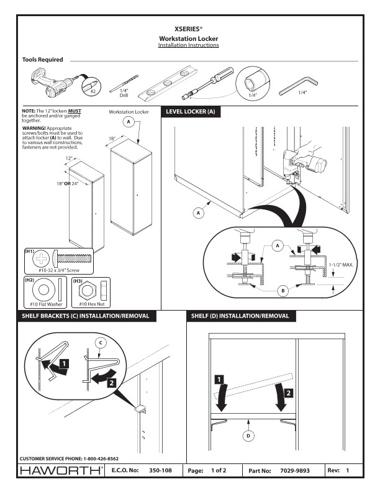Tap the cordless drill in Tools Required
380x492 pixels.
[x=53, y=84]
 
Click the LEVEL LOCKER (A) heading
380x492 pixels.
[x=191, y=112]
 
